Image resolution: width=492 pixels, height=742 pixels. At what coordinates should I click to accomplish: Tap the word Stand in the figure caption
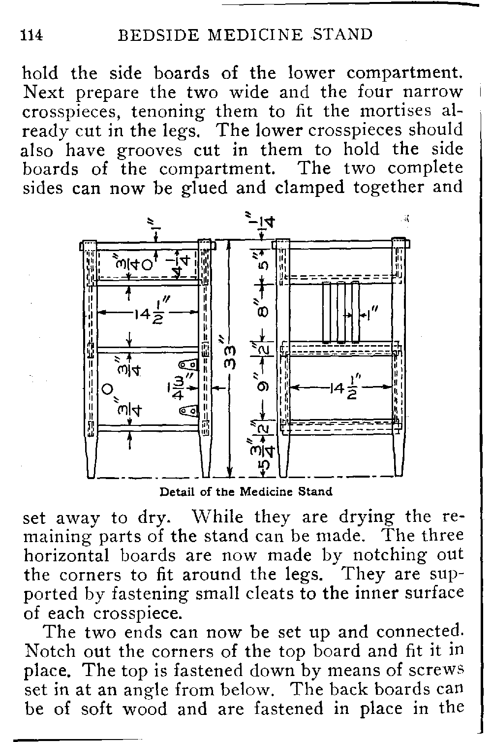coord(316,491)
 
